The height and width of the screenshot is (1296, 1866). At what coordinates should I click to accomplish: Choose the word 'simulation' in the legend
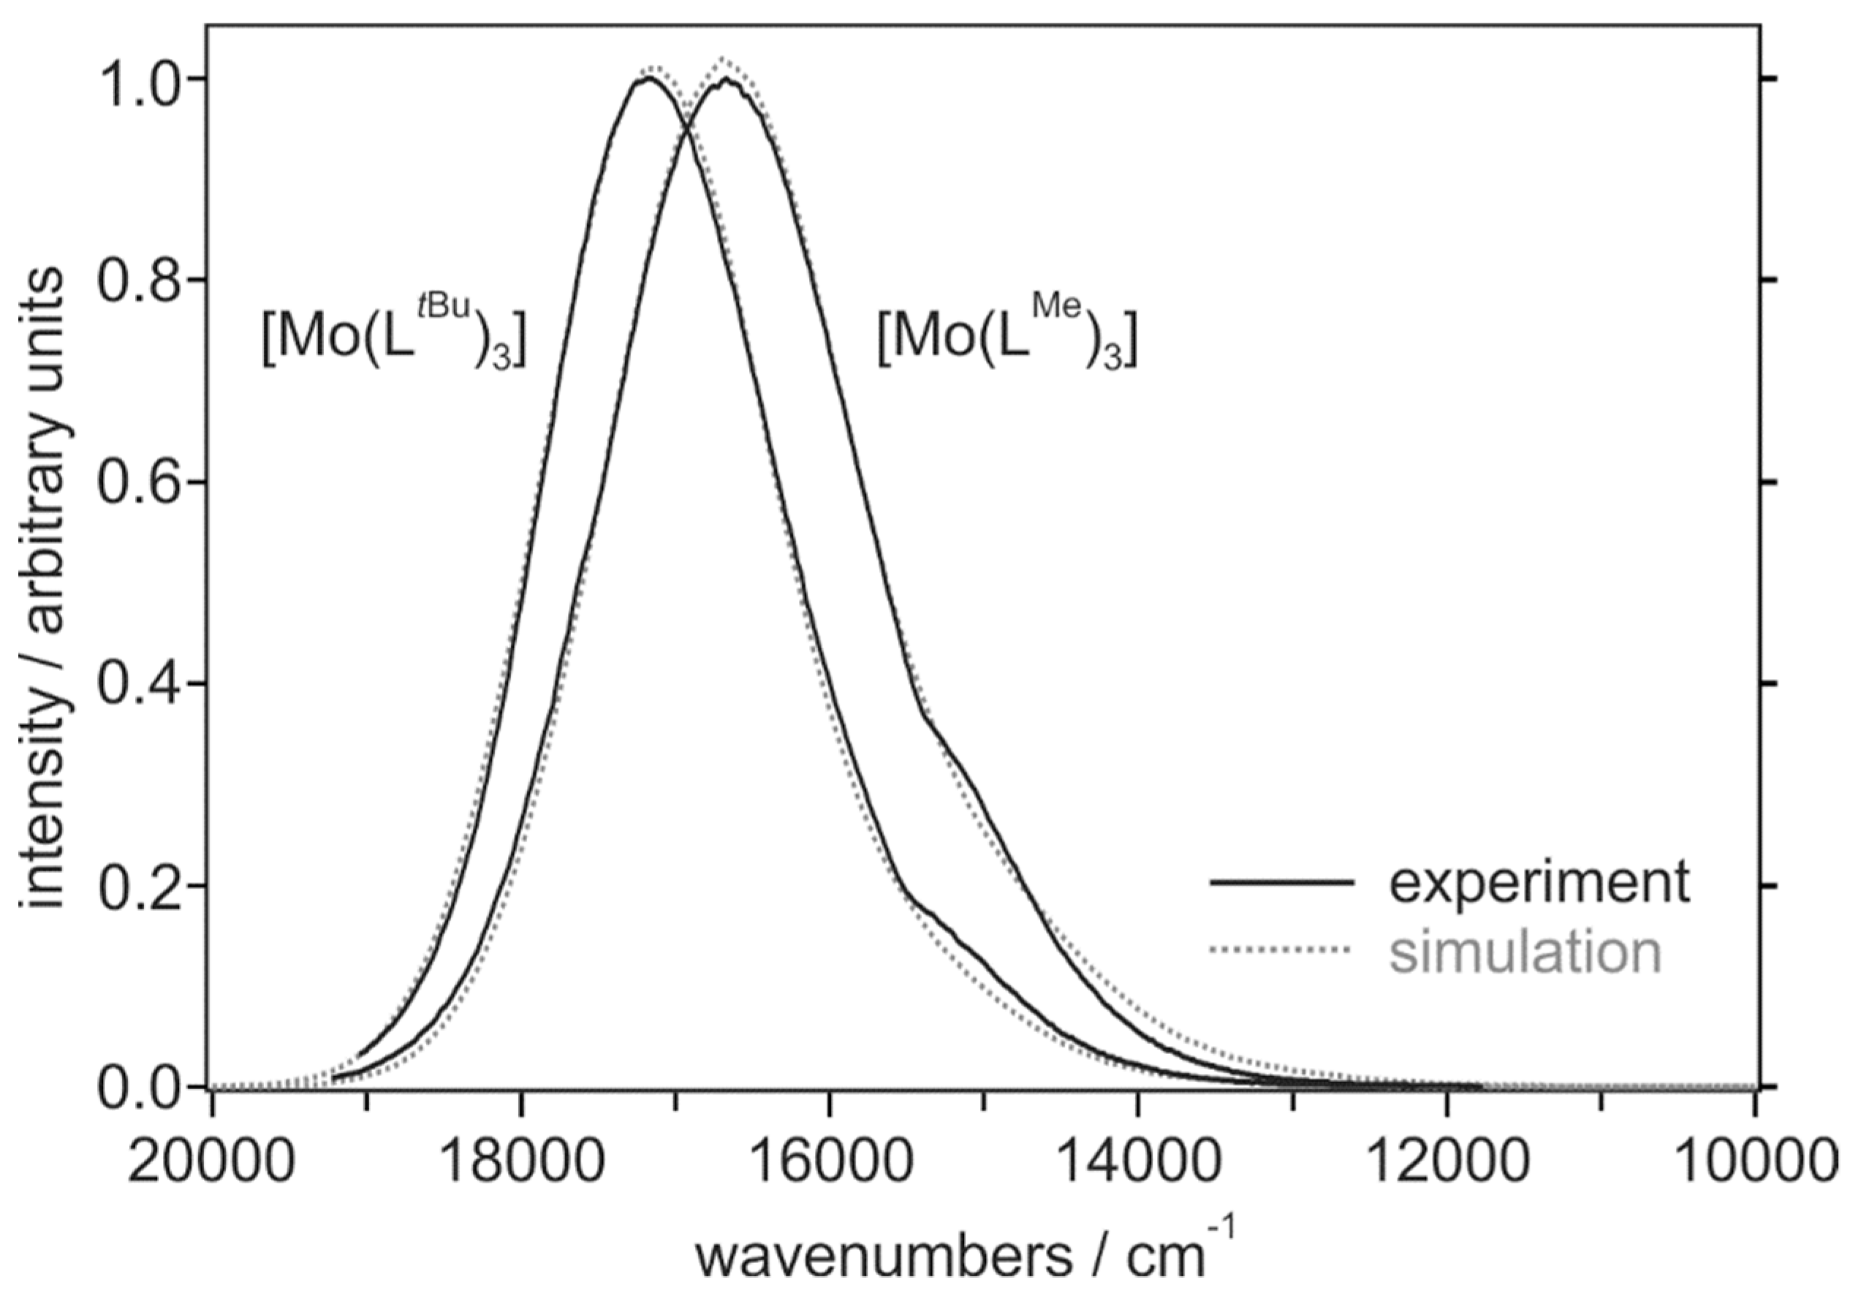pos(1525,952)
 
